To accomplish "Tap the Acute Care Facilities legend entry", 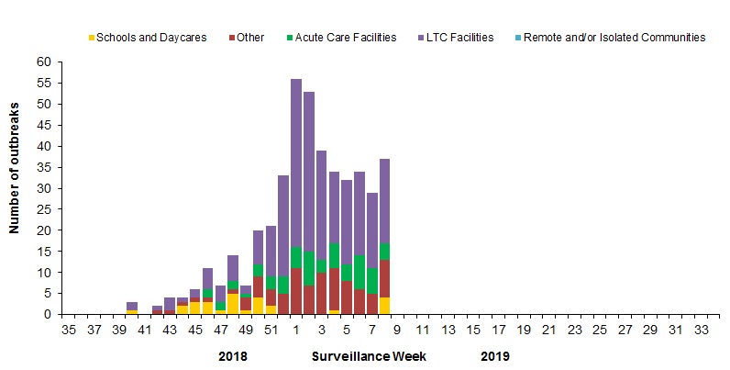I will click(346, 38).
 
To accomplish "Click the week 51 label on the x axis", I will click(271, 329).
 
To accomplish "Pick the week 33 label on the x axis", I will click(701, 329).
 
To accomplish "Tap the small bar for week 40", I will click(132, 308).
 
